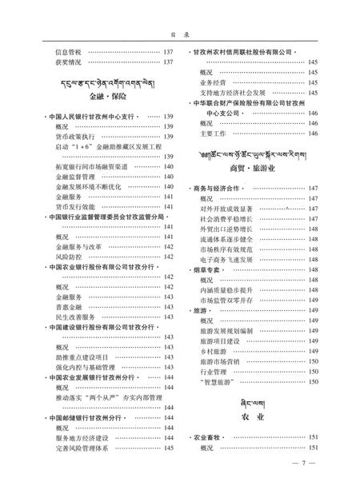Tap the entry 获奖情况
67,62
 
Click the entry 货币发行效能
73,205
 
